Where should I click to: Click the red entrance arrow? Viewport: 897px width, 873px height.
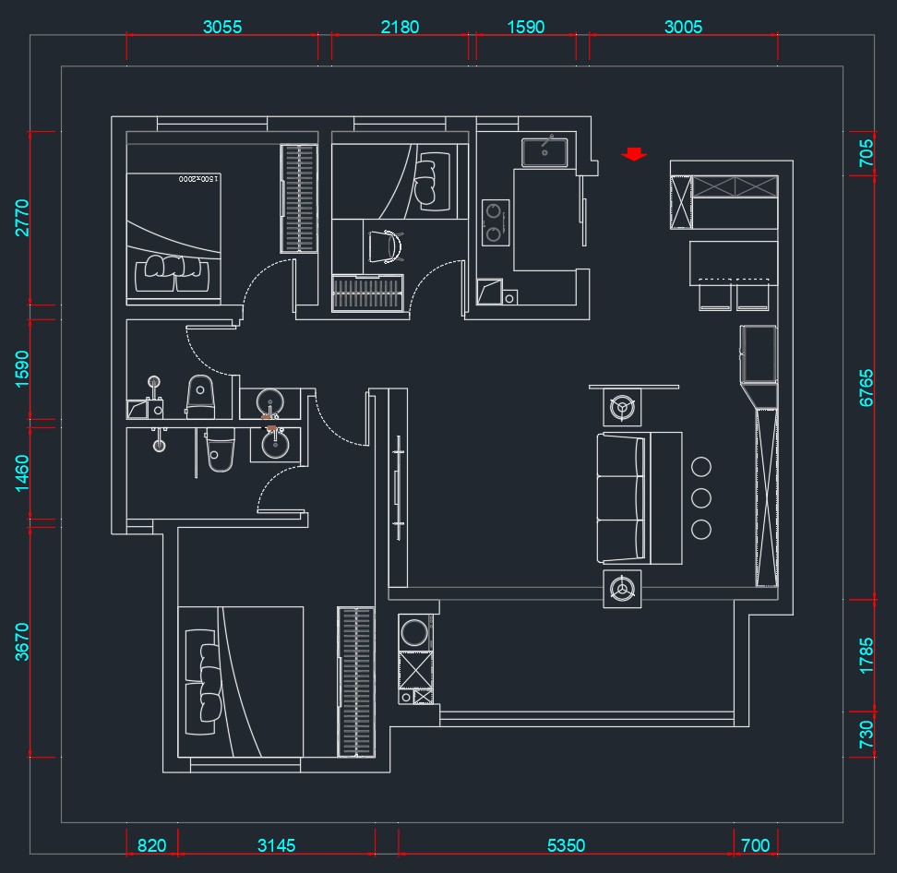(634, 153)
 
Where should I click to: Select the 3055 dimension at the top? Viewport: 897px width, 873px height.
(222, 27)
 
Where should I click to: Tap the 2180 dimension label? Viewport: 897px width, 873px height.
(400, 27)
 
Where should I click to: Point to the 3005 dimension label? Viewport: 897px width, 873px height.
(683, 27)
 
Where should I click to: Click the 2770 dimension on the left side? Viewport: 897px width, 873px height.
(22, 218)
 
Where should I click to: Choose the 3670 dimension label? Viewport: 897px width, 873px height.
(22, 642)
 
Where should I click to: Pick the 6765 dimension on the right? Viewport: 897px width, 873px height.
(867, 388)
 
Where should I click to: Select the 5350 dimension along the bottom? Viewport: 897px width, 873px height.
(566, 845)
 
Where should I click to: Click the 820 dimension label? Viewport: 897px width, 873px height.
(151, 845)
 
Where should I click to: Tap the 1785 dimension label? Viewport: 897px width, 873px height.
(867, 655)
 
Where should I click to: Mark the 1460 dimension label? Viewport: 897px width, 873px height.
(22, 473)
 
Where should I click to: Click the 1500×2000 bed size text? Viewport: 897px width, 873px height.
(197, 179)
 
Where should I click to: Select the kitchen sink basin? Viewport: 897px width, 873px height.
(544, 152)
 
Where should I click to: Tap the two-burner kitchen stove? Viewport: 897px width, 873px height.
(496, 222)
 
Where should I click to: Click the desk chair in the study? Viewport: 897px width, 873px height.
(385, 246)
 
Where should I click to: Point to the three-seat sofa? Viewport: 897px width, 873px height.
(640, 498)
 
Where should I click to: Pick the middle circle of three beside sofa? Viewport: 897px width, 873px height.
(701, 498)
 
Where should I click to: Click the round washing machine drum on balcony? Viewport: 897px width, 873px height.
(414, 633)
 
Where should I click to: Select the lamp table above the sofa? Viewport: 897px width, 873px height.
(622, 407)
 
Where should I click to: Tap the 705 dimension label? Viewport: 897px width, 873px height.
(867, 153)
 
